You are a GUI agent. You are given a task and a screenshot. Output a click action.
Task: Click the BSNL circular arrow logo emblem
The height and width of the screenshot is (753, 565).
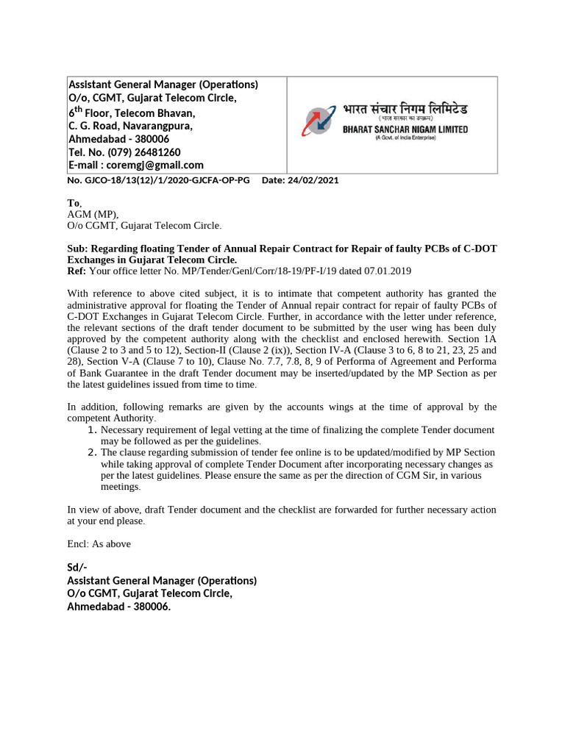[319, 121]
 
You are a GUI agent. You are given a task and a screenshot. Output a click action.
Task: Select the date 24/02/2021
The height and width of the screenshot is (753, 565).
[314, 180]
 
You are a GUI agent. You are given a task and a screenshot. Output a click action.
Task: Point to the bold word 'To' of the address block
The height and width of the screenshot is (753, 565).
[72, 203]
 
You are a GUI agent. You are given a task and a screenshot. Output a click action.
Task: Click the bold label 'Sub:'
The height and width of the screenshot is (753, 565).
[79, 249]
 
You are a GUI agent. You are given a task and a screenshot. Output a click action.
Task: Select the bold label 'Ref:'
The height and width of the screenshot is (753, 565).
[77, 271]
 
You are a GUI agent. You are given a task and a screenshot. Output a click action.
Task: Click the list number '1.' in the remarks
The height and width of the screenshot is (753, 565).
[92, 430]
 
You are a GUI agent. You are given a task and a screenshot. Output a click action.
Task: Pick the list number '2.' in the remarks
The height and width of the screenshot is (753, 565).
[92, 452]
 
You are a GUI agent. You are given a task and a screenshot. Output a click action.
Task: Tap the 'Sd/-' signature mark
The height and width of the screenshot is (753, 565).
[77, 567]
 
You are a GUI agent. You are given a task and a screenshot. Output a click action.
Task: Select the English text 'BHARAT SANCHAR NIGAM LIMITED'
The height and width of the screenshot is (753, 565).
[405, 129]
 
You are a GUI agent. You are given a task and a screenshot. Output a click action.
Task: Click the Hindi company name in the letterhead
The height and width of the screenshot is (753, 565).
[405, 109]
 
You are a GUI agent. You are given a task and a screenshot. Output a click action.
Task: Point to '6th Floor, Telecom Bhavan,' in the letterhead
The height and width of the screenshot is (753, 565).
[132, 113]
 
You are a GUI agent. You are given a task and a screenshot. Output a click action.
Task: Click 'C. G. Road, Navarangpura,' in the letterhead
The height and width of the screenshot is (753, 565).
[130, 126]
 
